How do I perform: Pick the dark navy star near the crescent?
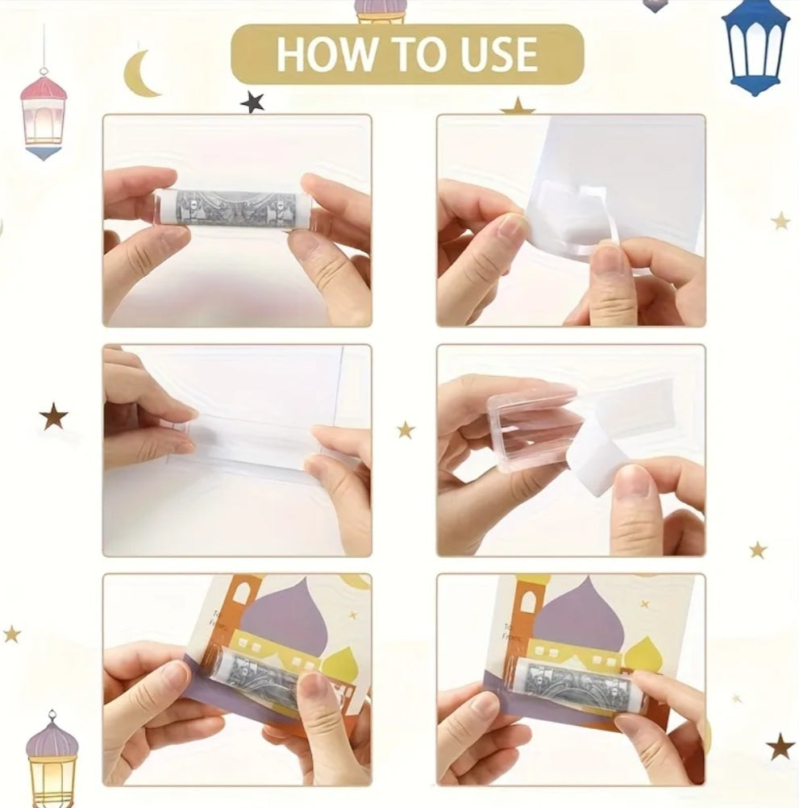[252, 102]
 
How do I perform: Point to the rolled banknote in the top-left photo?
[234, 210]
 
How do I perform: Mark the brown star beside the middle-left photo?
[53, 416]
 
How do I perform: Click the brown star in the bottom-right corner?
[780, 746]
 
